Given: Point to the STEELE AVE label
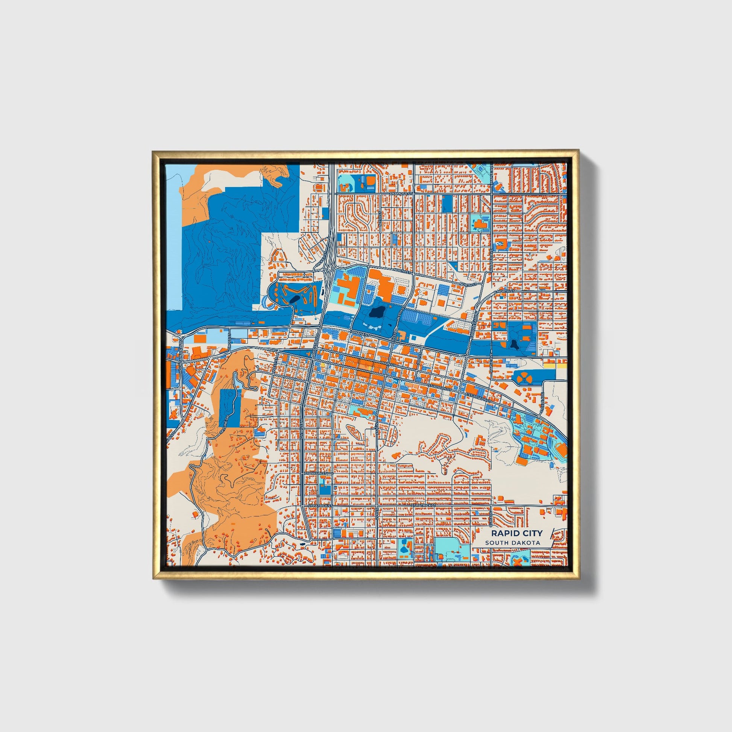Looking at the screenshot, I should pos(542,400).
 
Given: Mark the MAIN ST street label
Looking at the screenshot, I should pos(388,363).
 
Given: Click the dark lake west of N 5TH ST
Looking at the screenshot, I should pos(377,311).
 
